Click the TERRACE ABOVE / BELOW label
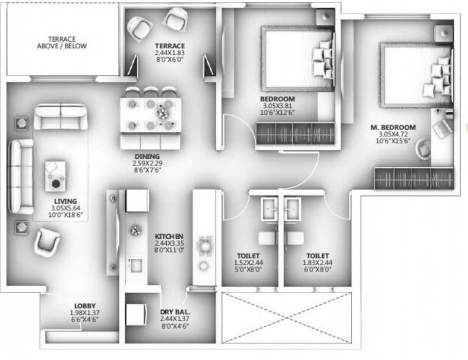[x=62, y=43]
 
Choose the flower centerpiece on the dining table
[x=163, y=113]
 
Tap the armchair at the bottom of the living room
[x=47, y=241]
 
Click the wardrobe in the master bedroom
[x=414, y=179]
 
